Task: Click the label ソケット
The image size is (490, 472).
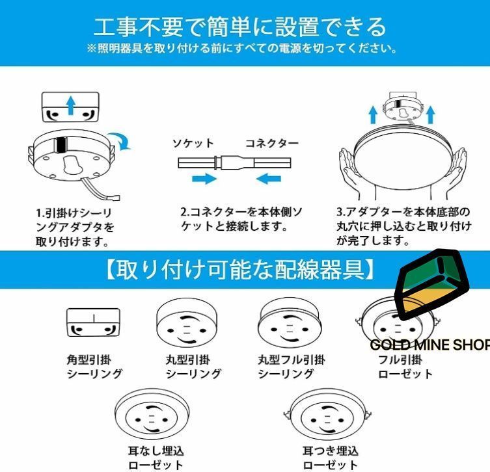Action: click(x=193, y=143)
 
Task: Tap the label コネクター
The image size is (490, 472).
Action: click(x=272, y=143)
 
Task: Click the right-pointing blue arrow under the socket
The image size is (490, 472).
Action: click(x=204, y=179)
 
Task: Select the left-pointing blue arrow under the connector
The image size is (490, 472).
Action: click(x=268, y=179)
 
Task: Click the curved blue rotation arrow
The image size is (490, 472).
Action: click(x=122, y=140)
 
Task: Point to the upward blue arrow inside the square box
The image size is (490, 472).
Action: click(x=71, y=105)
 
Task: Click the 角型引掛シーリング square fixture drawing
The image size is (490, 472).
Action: click(x=94, y=322)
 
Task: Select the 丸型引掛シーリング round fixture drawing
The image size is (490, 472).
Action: click(x=187, y=324)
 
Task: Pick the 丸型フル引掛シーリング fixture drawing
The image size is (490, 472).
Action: click(x=290, y=324)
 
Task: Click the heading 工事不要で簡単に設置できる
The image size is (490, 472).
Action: click(x=240, y=26)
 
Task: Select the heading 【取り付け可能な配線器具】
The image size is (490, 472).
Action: click(x=240, y=270)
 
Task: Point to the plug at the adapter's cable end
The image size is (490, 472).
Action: click(x=116, y=198)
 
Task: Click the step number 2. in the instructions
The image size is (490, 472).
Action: click(x=185, y=212)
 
